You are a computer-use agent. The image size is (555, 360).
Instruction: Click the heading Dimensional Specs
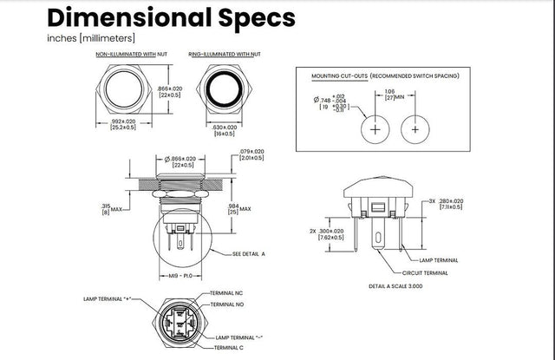click(x=171, y=17)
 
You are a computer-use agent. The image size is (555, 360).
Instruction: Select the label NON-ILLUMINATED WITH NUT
click(x=131, y=55)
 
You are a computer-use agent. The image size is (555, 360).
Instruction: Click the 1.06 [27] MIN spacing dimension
click(x=392, y=95)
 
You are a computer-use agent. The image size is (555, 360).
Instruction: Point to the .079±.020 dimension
click(x=251, y=154)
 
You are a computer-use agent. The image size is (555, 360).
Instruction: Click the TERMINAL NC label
click(x=226, y=294)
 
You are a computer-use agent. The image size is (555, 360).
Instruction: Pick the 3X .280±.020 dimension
click(x=444, y=203)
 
